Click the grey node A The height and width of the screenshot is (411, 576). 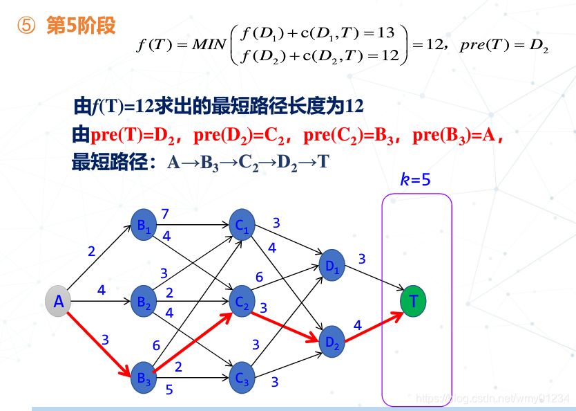coord(59,302)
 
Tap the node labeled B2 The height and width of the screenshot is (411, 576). coord(144,302)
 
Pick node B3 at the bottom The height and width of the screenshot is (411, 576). coord(144,378)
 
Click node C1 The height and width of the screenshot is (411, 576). coord(242,225)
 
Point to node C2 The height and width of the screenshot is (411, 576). coord(242,302)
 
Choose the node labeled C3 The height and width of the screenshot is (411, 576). coord(242,378)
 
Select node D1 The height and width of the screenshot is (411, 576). coord(333,264)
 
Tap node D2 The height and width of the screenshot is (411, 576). coord(333,341)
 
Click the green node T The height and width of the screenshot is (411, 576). coord(413,302)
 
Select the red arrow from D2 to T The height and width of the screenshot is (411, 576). coord(373,327)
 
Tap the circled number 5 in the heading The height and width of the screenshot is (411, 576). coord(26,26)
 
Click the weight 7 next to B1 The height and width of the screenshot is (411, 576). coord(165,214)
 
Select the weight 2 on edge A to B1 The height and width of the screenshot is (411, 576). coord(92,251)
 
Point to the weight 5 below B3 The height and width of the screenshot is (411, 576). coord(169,390)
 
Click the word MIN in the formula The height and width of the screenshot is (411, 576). coord(200,46)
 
